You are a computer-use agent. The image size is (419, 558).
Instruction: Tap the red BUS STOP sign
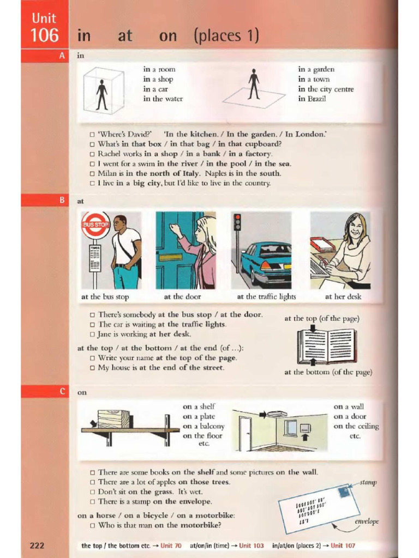(96, 225)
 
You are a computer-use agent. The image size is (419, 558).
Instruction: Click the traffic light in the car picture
(237, 224)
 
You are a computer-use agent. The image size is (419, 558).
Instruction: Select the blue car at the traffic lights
(267, 262)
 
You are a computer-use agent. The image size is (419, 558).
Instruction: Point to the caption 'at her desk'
(343, 297)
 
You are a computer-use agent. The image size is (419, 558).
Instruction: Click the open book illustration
(327, 346)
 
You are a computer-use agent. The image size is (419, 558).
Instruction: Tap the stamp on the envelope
(344, 492)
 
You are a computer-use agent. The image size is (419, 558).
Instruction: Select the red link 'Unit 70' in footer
(171, 545)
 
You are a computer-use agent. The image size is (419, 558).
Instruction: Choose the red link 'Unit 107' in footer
(343, 545)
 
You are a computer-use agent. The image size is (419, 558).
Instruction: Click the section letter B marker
(62, 201)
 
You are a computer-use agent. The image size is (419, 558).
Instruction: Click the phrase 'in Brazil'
(312, 99)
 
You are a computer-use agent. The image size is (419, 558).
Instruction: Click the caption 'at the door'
(182, 297)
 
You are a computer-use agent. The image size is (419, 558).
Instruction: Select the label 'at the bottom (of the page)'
(328, 372)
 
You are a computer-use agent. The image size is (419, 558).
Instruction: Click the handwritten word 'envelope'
(366, 521)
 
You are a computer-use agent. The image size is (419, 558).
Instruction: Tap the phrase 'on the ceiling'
(356, 426)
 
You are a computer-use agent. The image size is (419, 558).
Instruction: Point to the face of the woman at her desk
(355, 227)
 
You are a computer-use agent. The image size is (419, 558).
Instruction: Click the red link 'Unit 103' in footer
(251, 545)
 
